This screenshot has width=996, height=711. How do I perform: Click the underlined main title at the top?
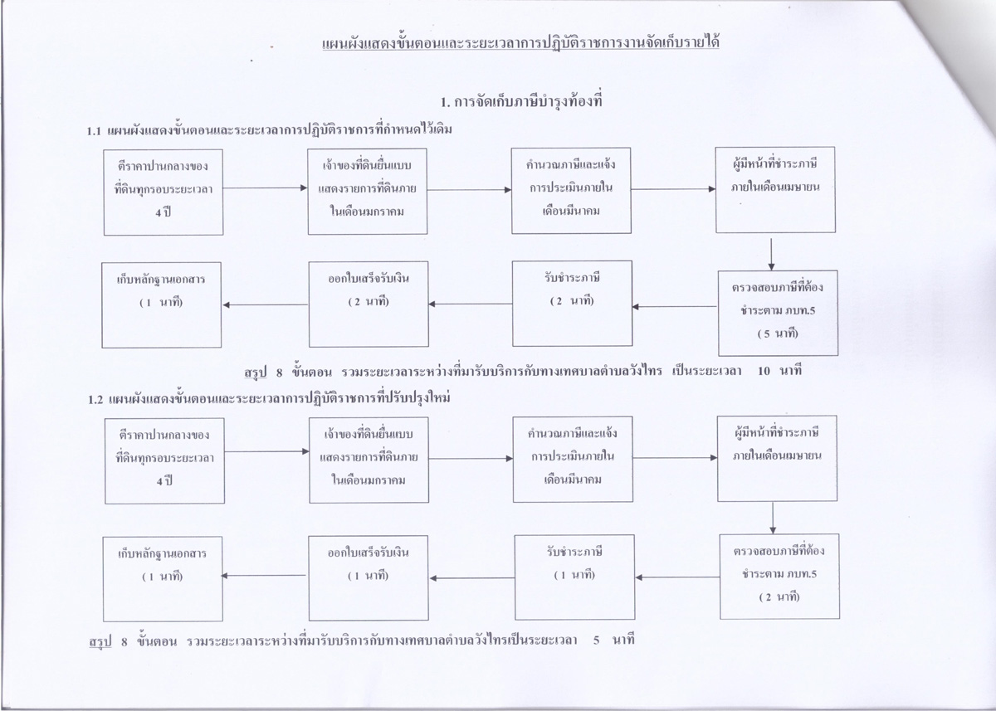click(x=520, y=43)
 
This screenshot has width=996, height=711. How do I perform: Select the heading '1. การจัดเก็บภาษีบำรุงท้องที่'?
click(x=521, y=102)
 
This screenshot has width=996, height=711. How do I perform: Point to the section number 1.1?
click(x=94, y=131)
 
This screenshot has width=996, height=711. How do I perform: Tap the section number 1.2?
click(x=95, y=400)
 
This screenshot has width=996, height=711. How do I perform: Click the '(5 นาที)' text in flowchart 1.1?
click(x=778, y=334)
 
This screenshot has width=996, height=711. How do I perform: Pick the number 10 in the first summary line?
click(x=764, y=371)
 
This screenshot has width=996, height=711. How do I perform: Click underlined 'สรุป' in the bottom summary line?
click(x=100, y=641)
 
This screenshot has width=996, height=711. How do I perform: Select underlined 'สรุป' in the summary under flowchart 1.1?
click(x=256, y=373)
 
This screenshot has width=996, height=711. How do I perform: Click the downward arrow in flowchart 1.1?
click(x=771, y=254)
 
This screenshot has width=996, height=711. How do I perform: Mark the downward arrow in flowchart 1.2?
click(x=773, y=519)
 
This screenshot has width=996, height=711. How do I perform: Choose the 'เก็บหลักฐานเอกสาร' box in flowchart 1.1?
click(x=161, y=304)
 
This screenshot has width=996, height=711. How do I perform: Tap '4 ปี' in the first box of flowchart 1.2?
click(x=164, y=481)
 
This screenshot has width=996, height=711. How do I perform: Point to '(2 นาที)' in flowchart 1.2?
click(x=779, y=597)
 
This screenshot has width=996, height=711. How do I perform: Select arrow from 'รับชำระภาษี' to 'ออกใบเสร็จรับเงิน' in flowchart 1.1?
click(x=471, y=304)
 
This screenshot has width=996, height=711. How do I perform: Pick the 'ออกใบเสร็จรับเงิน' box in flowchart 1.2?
click(x=369, y=577)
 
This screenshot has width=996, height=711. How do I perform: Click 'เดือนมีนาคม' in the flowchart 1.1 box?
click(x=571, y=211)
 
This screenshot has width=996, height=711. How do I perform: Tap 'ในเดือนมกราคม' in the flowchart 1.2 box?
click(x=369, y=480)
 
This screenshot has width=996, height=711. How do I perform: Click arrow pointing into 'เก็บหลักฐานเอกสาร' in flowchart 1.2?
click(x=263, y=576)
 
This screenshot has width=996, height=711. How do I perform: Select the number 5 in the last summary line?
click(x=596, y=640)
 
